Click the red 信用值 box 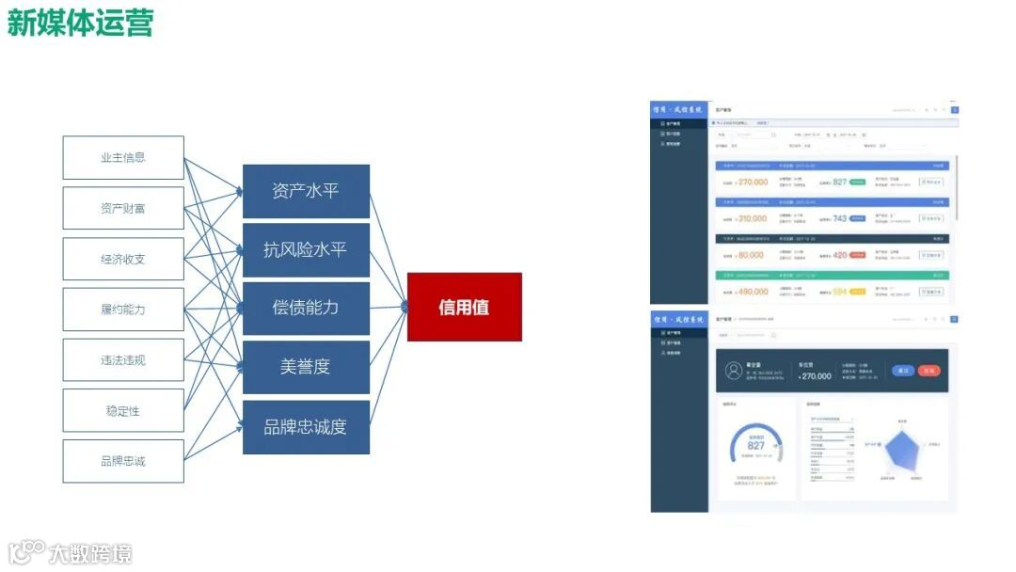464,307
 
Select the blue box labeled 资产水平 306,191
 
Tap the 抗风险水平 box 306,249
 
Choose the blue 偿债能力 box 306,308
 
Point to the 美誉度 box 306,367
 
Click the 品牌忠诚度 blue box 306,426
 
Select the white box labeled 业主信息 123,158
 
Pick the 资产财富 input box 123,208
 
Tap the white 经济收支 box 123,259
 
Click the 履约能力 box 123,310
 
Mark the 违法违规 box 123,360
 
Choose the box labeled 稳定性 123,411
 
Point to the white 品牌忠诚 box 123,461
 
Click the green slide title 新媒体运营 80,23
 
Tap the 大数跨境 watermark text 90,552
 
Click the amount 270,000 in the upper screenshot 752,183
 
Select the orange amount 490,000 752,292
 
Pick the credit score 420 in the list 840,255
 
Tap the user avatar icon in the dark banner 733,371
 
